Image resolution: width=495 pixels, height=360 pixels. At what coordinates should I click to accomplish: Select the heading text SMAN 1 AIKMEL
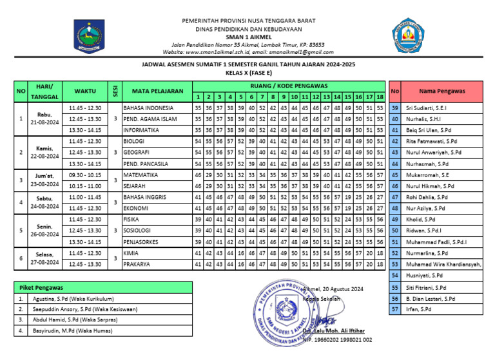pos(248,37)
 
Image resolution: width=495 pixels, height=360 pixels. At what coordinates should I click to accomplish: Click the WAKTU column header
pos(85,91)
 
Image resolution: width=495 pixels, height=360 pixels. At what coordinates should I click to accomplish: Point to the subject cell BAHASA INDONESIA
pos(148,108)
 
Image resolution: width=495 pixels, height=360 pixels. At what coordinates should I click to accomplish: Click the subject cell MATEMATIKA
pos(141,175)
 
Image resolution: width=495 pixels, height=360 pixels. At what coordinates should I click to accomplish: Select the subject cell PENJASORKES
pos(143,242)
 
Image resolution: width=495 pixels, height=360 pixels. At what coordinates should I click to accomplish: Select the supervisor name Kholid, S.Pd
pos(422,220)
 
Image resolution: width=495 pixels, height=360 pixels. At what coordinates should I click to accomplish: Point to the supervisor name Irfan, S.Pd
pos(420,309)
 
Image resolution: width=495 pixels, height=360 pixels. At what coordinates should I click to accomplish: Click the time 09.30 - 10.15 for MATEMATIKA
pos(85,175)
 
